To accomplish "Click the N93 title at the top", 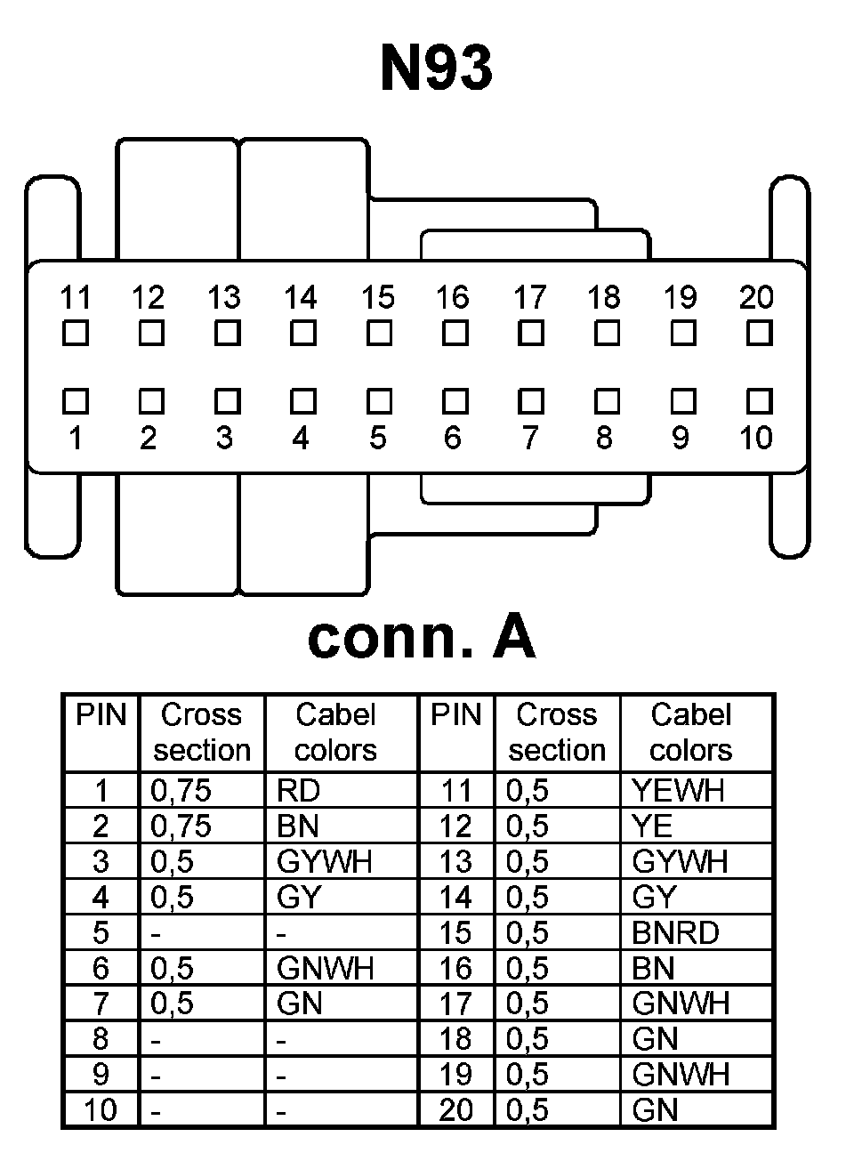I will pos(436,69).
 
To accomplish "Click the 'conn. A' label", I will pos(422,637).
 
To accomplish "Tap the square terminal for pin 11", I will pos(76,334).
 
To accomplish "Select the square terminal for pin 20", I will pos(759,334).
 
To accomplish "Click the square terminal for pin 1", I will pos(76,402).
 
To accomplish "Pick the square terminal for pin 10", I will pos(759,402).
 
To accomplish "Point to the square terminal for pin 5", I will pos(379,402).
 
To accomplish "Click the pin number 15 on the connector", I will pos(378,297).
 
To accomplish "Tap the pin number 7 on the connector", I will pos(530,438).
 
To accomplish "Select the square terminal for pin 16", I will pos(455,334).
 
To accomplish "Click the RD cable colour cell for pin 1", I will pos(299,790).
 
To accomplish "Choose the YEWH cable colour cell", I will pos(678,790).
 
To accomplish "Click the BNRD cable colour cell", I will pos(675,932).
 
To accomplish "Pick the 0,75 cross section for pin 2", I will pos(181,826).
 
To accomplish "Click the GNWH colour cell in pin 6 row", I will pos(325,968).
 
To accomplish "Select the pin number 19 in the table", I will pos(455,1075).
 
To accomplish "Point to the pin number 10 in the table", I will pos(101,1110).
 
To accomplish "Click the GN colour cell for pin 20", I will pos(656,1110).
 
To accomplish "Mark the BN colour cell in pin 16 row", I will pos(654,968).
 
